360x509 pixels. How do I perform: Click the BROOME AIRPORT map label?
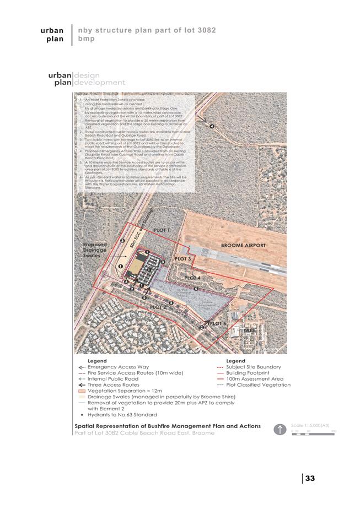[243, 245]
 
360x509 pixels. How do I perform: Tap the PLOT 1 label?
[162, 230]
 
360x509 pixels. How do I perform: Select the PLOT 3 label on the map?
[183, 258]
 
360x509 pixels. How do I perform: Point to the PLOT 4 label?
[192, 278]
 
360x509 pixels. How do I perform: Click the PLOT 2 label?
[158, 307]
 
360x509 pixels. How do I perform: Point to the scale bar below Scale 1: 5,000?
[313, 435]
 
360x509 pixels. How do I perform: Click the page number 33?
[309, 478]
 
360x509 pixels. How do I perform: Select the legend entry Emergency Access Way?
[118, 367]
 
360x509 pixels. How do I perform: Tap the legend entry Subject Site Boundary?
[254, 367]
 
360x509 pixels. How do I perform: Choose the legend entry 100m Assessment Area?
[254, 379]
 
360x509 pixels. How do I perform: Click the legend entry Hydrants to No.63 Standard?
[118, 414]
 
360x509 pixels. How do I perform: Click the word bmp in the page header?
[87, 39]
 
